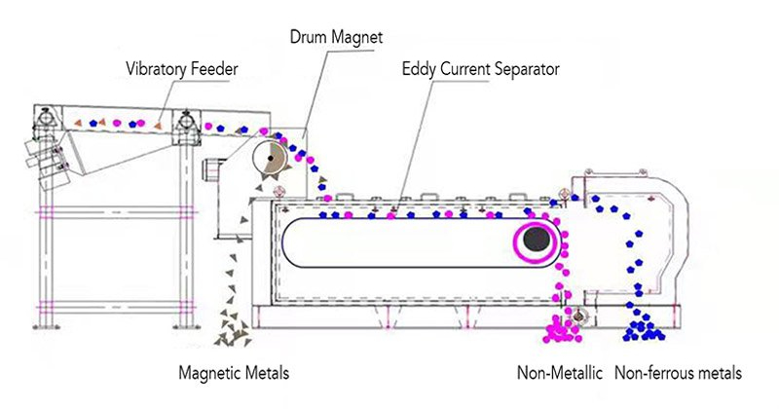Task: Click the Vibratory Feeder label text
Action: coord(182,70)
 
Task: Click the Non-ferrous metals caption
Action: coord(679,373)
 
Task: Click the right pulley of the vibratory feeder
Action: coord(182,122)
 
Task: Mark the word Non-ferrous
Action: coord(656,373)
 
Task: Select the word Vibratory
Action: coord(158,70)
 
